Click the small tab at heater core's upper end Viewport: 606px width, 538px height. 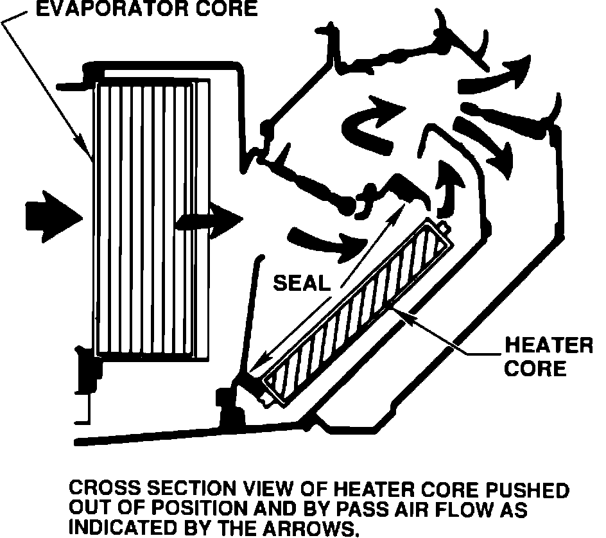(444, 226)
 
